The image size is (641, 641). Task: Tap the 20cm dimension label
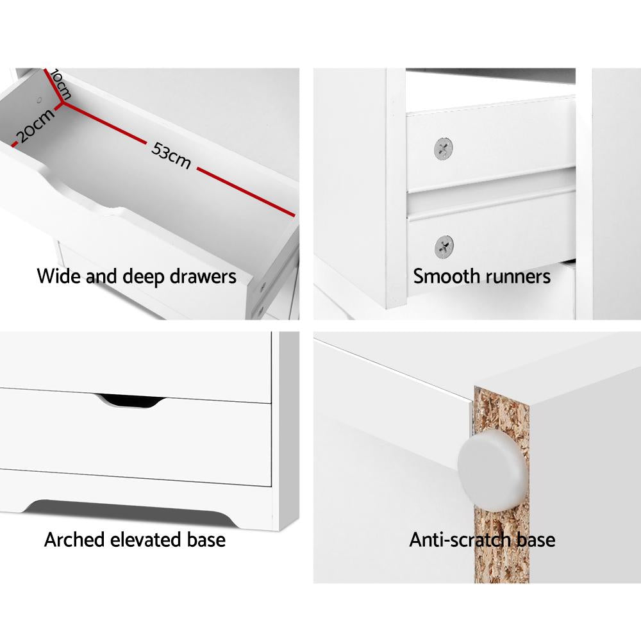pyautogui.click(x=35, y=125)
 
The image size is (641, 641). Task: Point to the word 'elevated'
pyautogui.click(x=149, y=540)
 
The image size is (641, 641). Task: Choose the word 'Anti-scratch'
pyautogui.click(x=460, y=540)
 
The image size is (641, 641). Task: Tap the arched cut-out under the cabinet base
pyautogui.click(x=128, y=505)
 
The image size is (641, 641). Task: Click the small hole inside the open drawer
pyautogui.click(x=40, y=101)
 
